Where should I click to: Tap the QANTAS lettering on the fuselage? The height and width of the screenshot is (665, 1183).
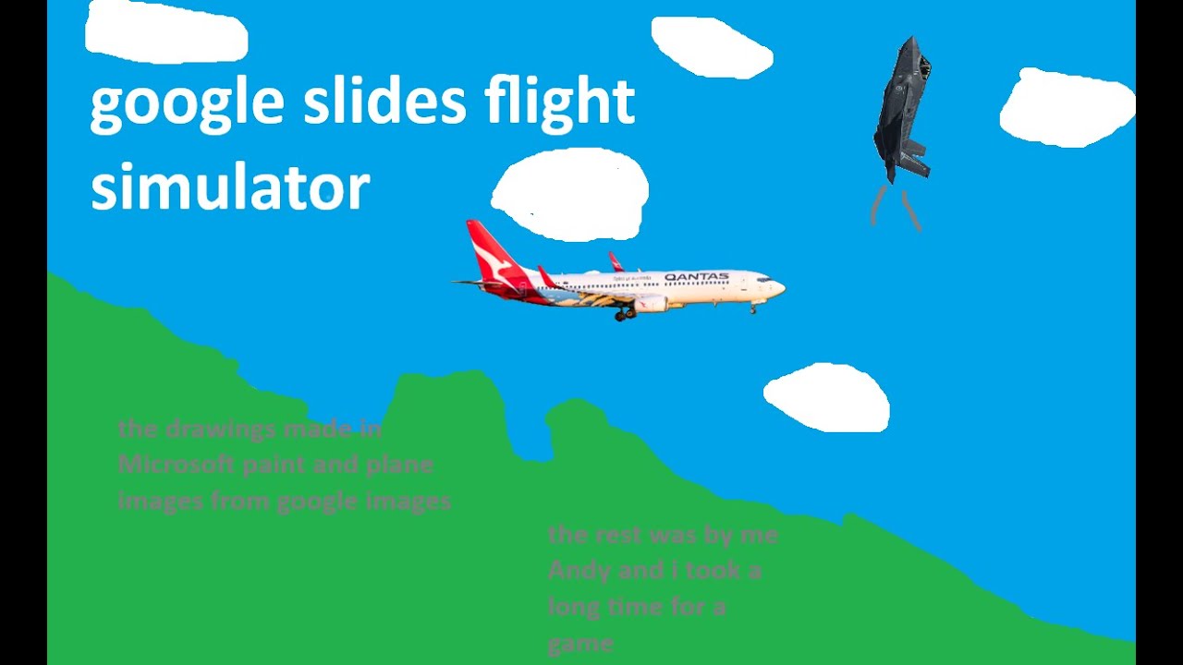tap(696, 277)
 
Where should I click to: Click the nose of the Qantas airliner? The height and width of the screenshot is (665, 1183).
tap(781, 288)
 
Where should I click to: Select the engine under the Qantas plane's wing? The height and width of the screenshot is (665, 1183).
tap(651, 304)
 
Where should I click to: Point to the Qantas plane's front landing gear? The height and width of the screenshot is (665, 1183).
tap(752, 308)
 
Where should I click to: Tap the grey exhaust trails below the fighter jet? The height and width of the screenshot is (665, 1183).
tap(896, 209)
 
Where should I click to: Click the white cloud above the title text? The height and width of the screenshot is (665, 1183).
tap(166, 34)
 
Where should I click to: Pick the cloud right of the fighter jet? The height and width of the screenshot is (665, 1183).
tap(1067, 107)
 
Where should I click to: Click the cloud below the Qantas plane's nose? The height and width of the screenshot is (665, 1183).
tap(826, 397)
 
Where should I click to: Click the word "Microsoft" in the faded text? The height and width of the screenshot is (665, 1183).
tap(176, 465)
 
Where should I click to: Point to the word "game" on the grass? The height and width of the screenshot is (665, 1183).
tap(579, 643)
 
